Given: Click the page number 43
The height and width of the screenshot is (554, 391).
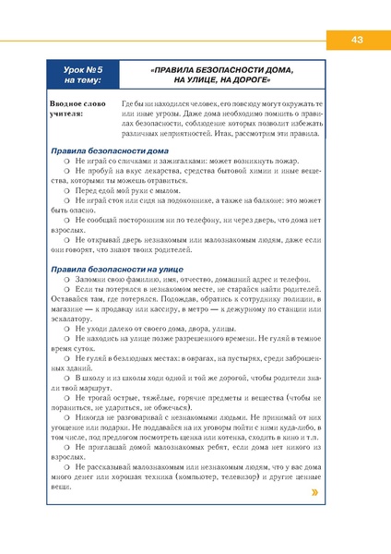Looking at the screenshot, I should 357,39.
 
